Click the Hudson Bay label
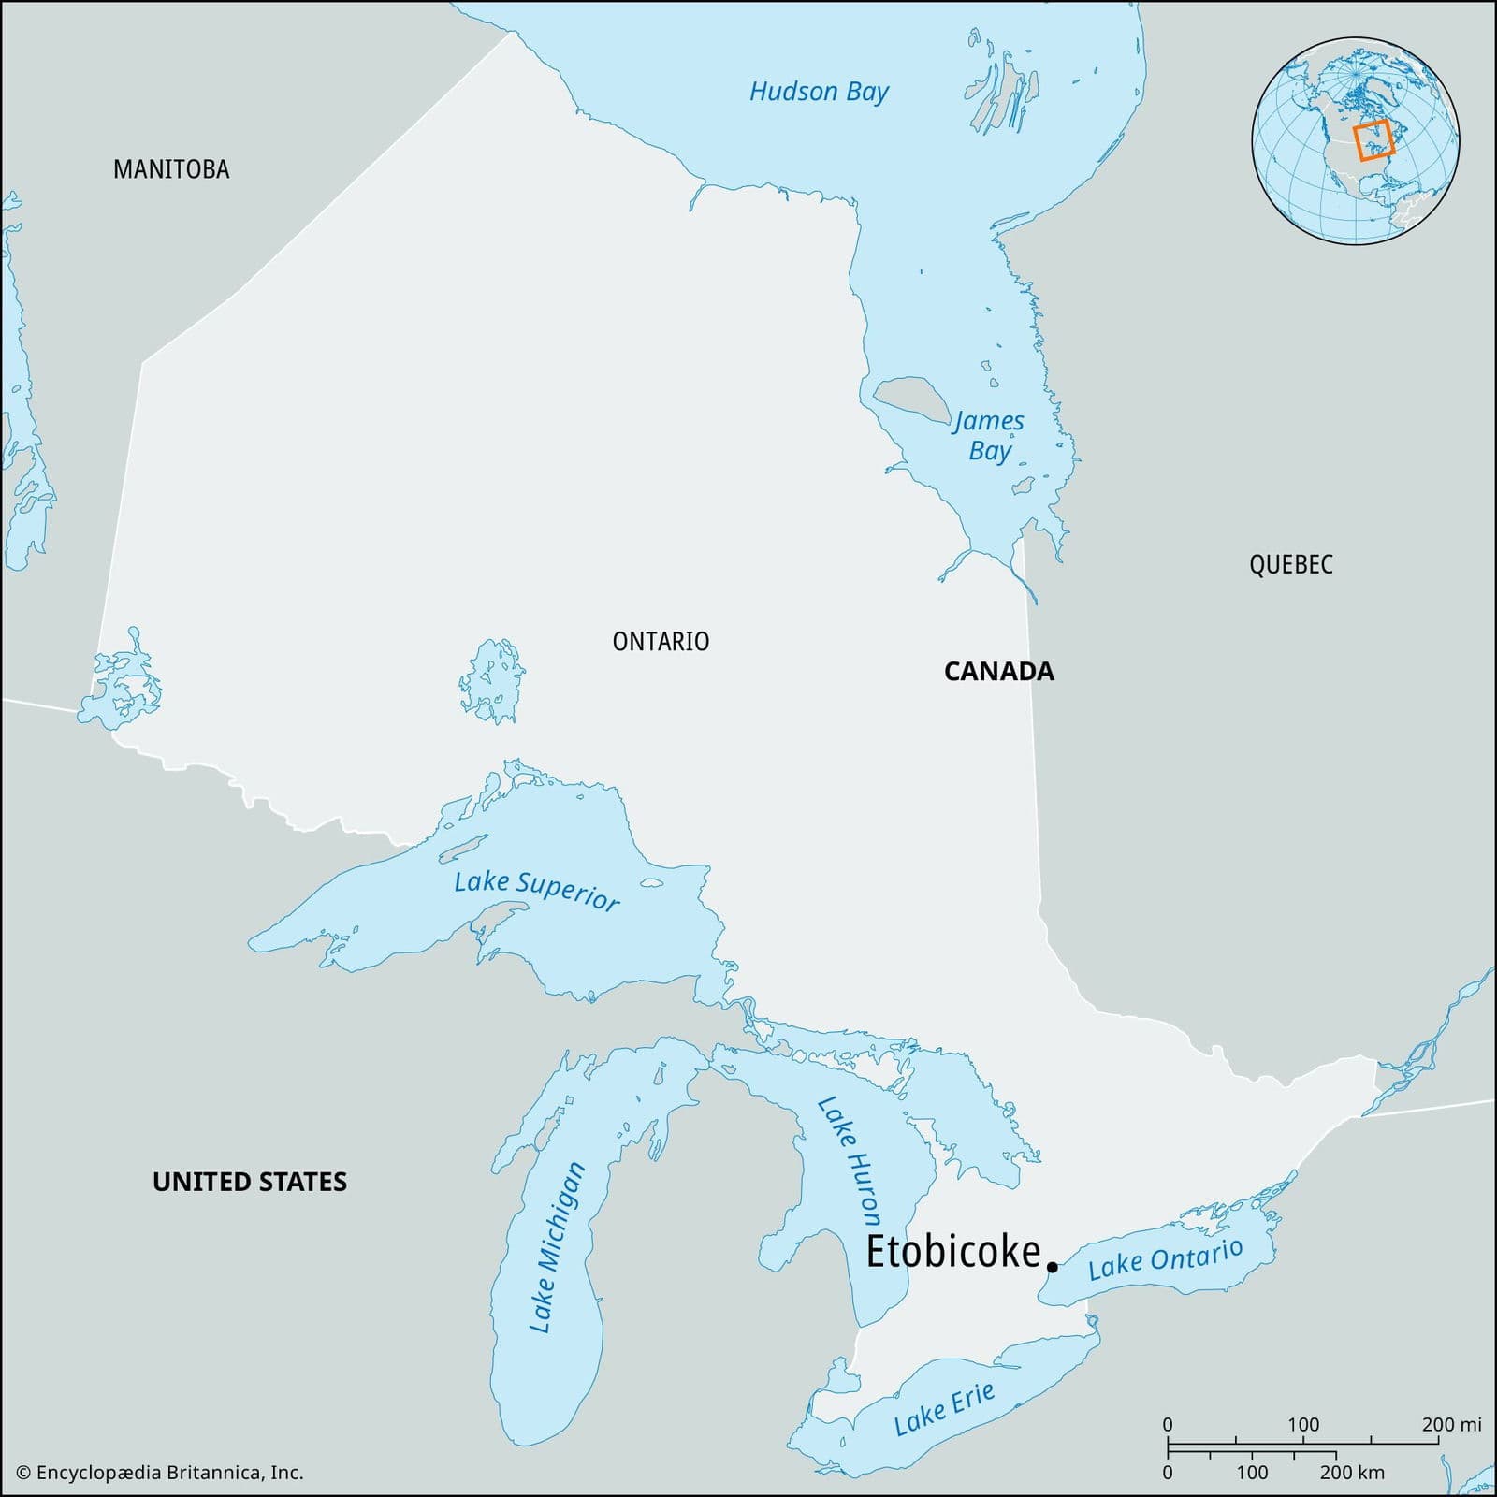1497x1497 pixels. [x=819, y=92]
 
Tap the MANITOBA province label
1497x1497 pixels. [x=171, y=169]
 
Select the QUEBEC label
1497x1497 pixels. [x=1290, y=564]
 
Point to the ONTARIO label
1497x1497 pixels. [x=661, y=642]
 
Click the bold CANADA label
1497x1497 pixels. [x=998, y=672]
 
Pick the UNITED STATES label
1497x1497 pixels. [x=250, y=1182]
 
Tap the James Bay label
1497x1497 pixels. [x=989, y=436]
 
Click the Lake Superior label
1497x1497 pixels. [x=536, y=890]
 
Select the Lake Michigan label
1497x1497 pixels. [x=557, y=1247]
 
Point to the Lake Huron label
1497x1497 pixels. [x=850, y=1160]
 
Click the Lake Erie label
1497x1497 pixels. [x=943, y=1409]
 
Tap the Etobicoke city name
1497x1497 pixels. [x=952, y=1252]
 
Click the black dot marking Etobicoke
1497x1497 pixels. [x=1053, y=1267]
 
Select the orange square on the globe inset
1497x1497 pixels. [x=1374, y=140]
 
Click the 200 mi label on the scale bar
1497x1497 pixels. [x=1451, y=1424]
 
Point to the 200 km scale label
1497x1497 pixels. [x=1352, y=1473]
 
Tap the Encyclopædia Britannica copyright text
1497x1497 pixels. [x=160, y=1473]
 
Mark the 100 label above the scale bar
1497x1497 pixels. [x=1303, y=1424]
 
